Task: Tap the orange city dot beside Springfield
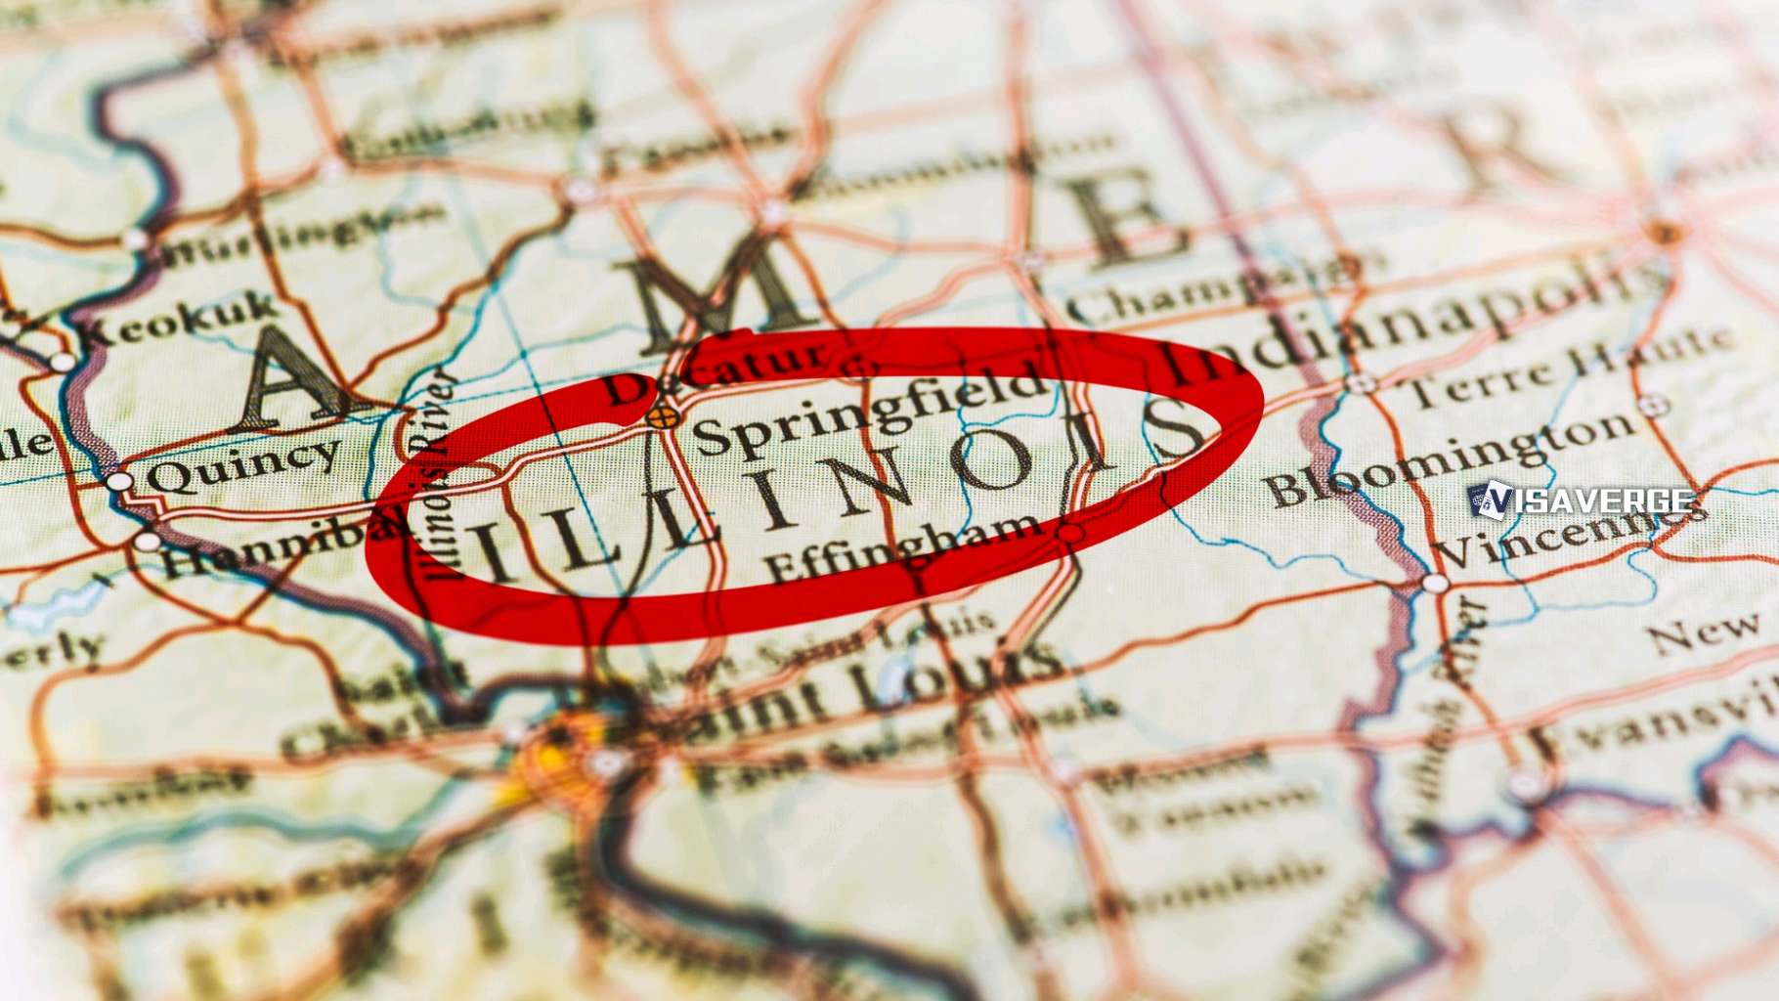pyautogui.click(x=662, y=418)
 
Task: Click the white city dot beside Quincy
pyautogui.click(x=119, y=481)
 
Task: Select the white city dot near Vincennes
pyautogui.click(x=1434, y=584)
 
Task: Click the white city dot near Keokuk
pyautogui.click(x=63, y=362)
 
